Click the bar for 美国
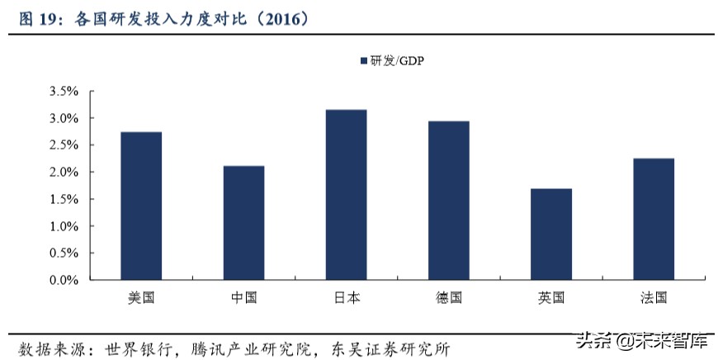[141, 206]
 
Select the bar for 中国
[243, 223]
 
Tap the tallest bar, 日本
[346, 195]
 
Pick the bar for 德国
[448, 201]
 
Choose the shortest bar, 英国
[550, 234]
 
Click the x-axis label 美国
[141, 297]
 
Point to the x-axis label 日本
[346, 297]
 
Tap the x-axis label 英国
[550, 297]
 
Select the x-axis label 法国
[653, 297]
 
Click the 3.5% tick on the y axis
[64, 92]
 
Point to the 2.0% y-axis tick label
[64, 173]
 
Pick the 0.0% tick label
[64, 280]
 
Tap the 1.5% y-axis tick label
[64, 200]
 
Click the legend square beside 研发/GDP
[363, 60]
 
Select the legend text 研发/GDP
[397, 60]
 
